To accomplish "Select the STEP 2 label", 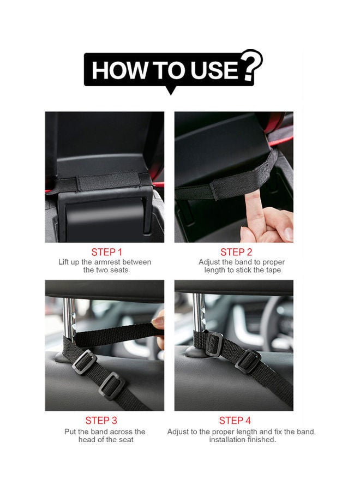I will [x=236, y=252].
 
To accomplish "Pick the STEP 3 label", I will [x=101, y=421].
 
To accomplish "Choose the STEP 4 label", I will [x=235, y=421].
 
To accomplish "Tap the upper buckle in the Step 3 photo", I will [x=85, y=361].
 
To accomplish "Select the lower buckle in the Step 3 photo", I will [x=112, y=385].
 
